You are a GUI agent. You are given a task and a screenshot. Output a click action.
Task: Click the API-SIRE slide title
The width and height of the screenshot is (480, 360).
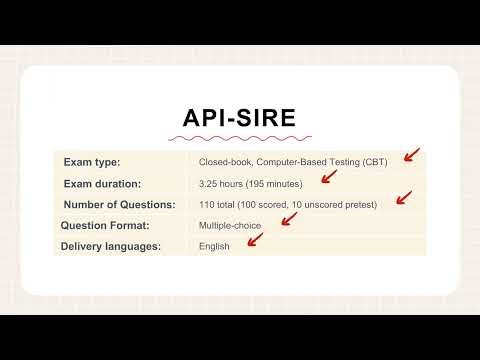coord(239,116)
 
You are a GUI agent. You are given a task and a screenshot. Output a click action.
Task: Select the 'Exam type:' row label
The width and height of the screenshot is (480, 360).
coord(92,161)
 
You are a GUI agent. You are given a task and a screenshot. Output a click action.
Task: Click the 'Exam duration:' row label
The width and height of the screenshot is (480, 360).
coord(102,183)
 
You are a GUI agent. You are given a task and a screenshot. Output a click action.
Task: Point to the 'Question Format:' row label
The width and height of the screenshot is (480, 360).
coord(105,226)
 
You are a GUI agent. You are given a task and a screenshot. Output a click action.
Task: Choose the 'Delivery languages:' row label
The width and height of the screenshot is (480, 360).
coord(111,247)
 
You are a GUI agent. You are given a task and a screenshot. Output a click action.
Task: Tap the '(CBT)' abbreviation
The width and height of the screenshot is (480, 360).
coord(375,161)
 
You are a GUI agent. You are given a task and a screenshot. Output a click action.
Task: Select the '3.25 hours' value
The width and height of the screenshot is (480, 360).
coord(222,183)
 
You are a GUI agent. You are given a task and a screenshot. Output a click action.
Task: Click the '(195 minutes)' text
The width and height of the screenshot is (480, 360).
coord(279,183)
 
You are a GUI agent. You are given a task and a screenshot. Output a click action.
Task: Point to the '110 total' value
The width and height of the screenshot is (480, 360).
coord(219,205)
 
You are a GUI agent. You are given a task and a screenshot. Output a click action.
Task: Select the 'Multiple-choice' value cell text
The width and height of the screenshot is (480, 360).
coord(229,226)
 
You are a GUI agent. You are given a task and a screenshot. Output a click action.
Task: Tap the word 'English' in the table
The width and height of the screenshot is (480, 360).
coord(214,247)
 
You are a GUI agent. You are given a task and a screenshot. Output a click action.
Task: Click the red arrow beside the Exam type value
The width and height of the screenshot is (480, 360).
coord(410,156)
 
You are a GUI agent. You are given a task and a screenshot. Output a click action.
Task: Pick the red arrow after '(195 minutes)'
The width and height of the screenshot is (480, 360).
coord(326,177)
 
